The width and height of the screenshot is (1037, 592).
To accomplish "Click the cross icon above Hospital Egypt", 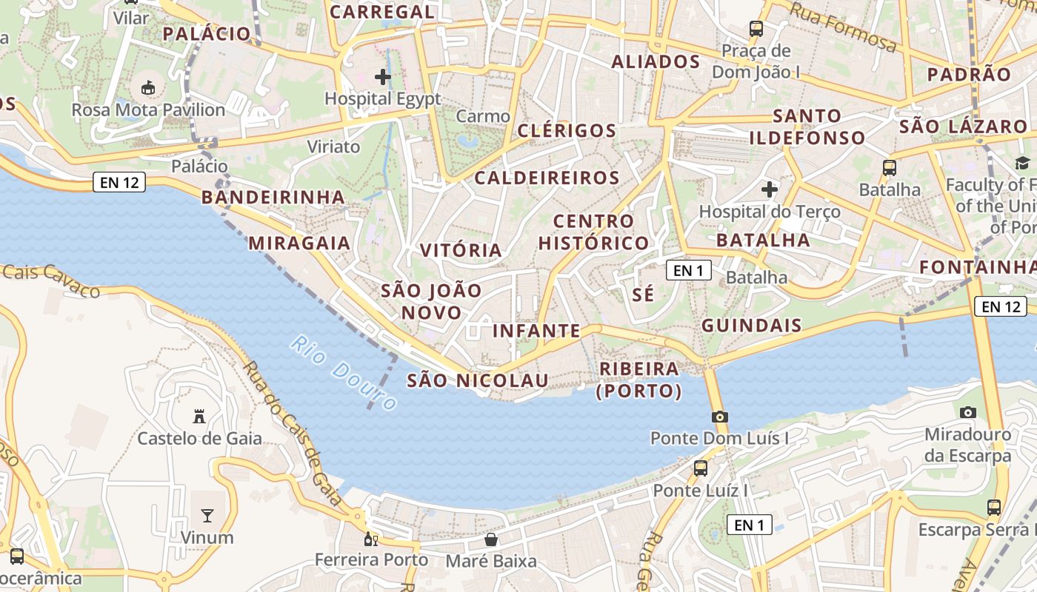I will click(383, 77).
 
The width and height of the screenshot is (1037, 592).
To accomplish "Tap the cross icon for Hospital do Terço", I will click(770, 189).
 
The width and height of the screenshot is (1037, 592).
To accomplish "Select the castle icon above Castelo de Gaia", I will click(199, 417).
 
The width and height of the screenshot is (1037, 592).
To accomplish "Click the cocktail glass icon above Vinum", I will click(207, 515).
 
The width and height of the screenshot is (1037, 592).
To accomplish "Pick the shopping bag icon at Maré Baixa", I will click(491, 539).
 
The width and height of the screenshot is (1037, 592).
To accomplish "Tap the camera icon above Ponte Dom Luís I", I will click(719, 417).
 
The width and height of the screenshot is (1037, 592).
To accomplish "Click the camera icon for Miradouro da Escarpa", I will click(967, 412).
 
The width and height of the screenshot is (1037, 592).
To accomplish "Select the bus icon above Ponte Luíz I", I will click(700, 468).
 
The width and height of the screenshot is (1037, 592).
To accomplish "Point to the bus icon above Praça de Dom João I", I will click(756, 29).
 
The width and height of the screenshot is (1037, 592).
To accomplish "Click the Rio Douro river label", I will click(344, 373).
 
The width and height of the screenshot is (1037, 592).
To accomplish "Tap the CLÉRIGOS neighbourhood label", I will click(567, 131).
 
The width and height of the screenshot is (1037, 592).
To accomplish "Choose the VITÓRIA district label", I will click(461, 250).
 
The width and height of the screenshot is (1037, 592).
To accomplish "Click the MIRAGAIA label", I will click(299, 243).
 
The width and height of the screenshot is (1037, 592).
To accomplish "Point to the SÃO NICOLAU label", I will click(478, 380).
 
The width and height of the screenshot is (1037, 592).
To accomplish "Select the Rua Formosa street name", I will click(844, 27).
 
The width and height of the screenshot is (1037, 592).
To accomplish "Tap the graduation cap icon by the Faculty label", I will click(1022, 163).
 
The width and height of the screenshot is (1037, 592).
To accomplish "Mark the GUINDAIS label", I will click(751, 325).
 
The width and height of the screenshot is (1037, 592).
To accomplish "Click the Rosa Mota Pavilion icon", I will click(148, 87).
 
